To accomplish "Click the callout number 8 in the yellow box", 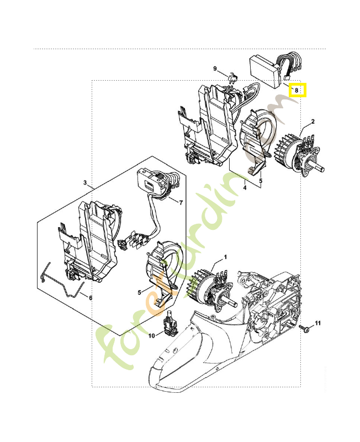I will pyautogui.click(x=297, y=89).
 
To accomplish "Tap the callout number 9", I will pyautogui.click(x=216, y=69).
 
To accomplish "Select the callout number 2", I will pyautogui.click(x=313, y=122).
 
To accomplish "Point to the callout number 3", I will pyautogui.click(x=86, y=182).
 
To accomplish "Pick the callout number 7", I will pyautogui.click(x=180, y=202).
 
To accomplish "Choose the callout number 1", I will pyautogui.click(x=225, y=258).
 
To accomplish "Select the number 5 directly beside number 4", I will pyautogui.click(x=261, y=180).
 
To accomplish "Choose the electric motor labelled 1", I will pyautogui.click(x=213, y=287).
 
